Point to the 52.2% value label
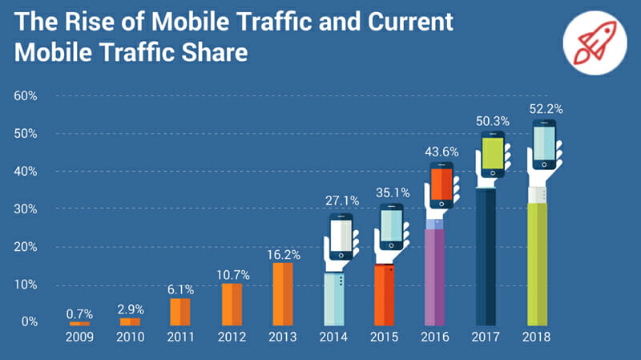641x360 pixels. click(x=545, y=108)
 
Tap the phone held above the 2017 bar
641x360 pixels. click(x=493, y=155)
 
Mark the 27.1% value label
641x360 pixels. click(x=341, y=200)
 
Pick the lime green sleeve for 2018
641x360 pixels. click(x=537, y=265)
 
